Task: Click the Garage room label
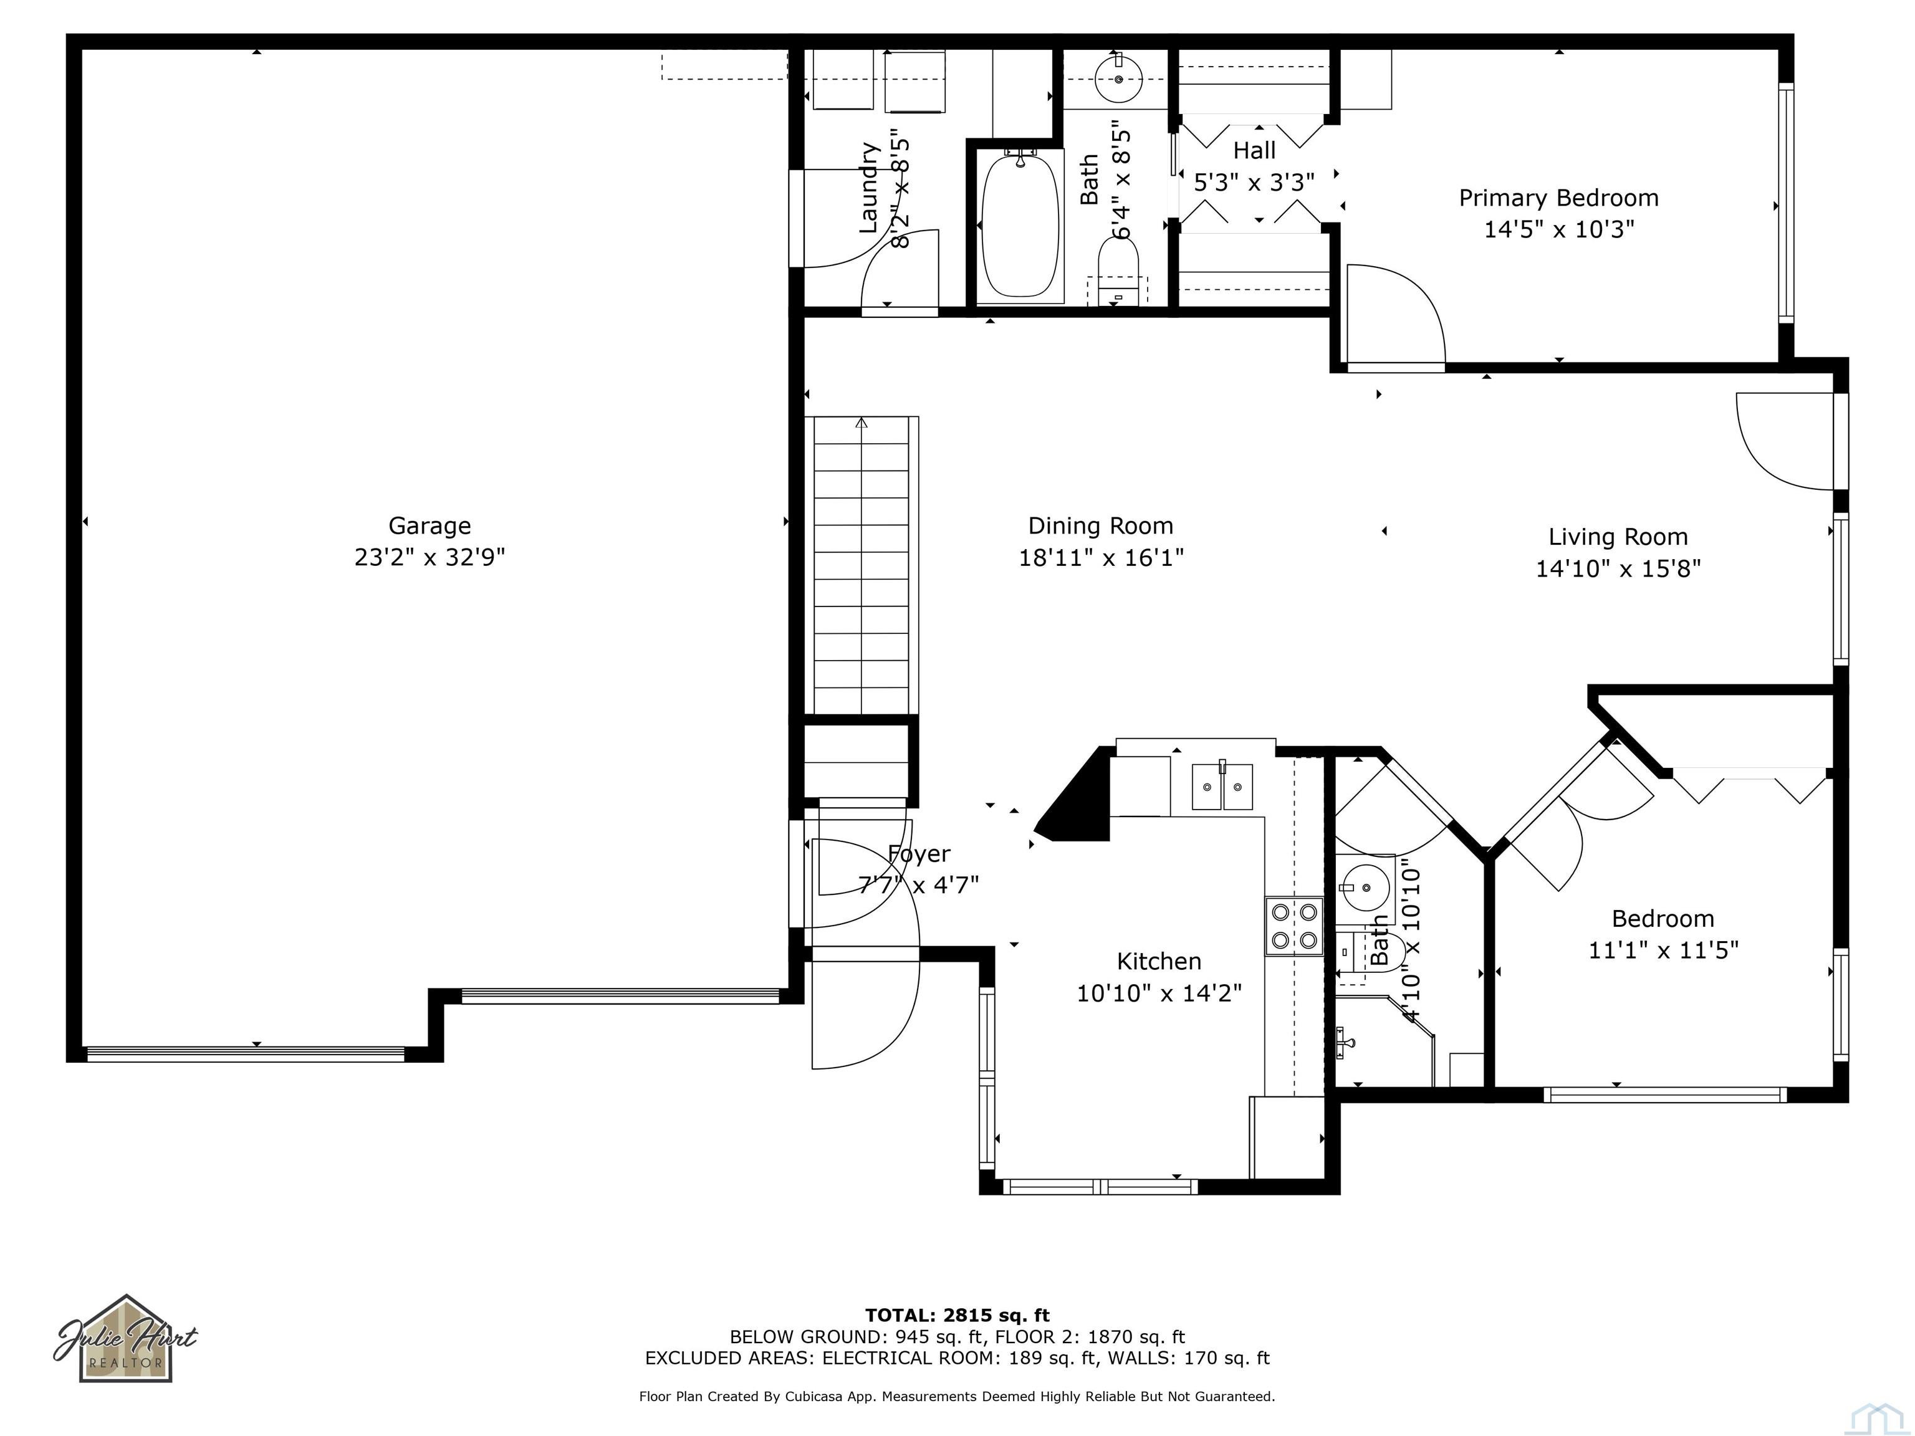pyautogui.click(x=430, y=525)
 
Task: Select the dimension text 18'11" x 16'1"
pyautogui.click(x=1100, y=557)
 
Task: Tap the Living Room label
pyautogui.click(x=1617, y=537)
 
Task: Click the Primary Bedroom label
pyautogui.click(x=1558, y=198)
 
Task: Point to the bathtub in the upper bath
pyautogui.click(x=1020, y=225)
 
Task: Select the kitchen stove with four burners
pyautogui.click(x=1294, y=926)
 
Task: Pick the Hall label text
pyautogui.click(x=1254, y=151)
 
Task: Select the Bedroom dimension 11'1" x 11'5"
pyautogui.click(x=1662, y=950)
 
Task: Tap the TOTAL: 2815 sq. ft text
pyautogui.click(x=957, y=1316)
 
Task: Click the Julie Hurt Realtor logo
pyautogui.click(x=127, y=1339)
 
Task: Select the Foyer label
pyautogui.click(x=919, y=854)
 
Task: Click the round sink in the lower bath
pyautogui.click(x=1363, y=888)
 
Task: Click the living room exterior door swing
pyautogui.click(x=1783, y=441)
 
